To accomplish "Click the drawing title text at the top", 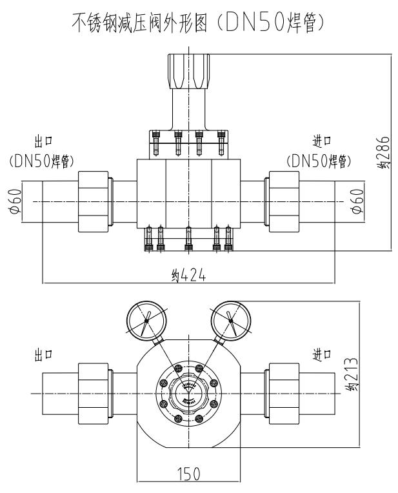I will pos(199,25).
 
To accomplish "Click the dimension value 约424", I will pos(186,275).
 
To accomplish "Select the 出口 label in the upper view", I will pos(43,140).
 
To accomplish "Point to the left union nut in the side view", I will pos(94,202).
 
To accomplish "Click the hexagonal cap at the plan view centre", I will pos(188,393).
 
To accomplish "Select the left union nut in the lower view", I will pos(94,393).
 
